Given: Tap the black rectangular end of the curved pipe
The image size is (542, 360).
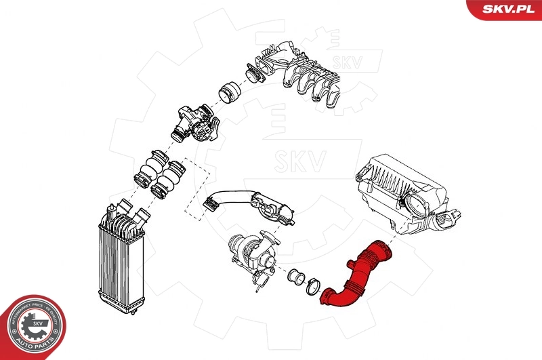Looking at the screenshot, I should [209, 203].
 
